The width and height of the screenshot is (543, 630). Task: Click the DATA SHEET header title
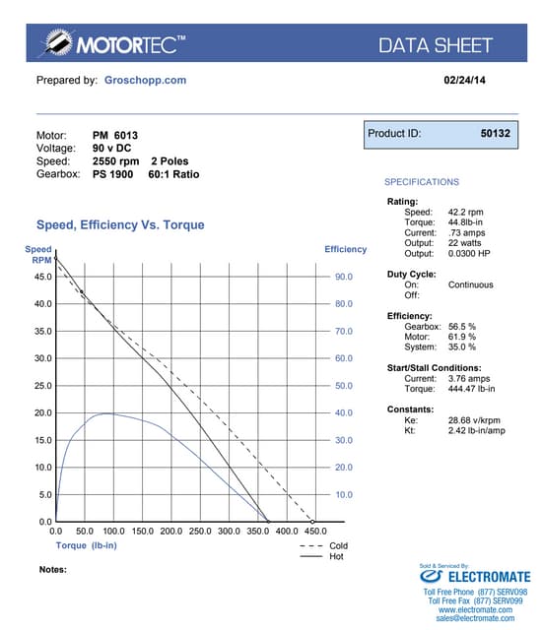click(x=435, y=45)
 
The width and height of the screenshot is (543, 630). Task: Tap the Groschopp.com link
click(x=145, y=80)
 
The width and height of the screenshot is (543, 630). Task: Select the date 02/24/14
click(x=465, y=80)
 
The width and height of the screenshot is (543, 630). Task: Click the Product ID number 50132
click(x=495, y=133)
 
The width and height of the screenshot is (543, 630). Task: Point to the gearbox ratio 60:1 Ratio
click(x=174, y=174)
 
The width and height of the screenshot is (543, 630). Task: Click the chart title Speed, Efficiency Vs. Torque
click(x=120, y=225)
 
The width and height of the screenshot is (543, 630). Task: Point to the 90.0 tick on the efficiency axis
click(x=343, y=278)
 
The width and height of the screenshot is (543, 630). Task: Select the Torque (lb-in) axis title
click(x=88, y=544)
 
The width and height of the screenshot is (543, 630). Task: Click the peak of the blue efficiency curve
click(x=103, y=413)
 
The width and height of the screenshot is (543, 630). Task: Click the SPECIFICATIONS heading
click(x=421, y=182)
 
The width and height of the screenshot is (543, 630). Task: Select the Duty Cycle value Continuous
click(x=470, y=285)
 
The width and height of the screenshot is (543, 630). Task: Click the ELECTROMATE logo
click(x=476, y=577)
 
